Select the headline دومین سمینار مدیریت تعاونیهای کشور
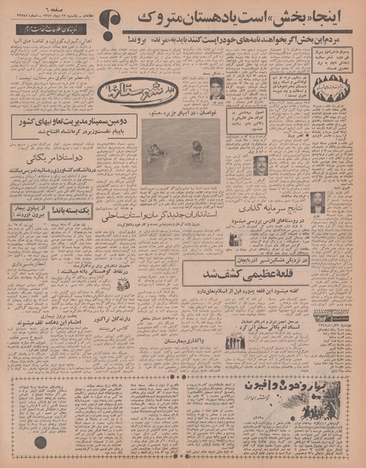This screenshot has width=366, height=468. pyautogui.click(x=71, y=123)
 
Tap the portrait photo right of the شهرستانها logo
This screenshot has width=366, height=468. pyautogui.click(x=216, y=88)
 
